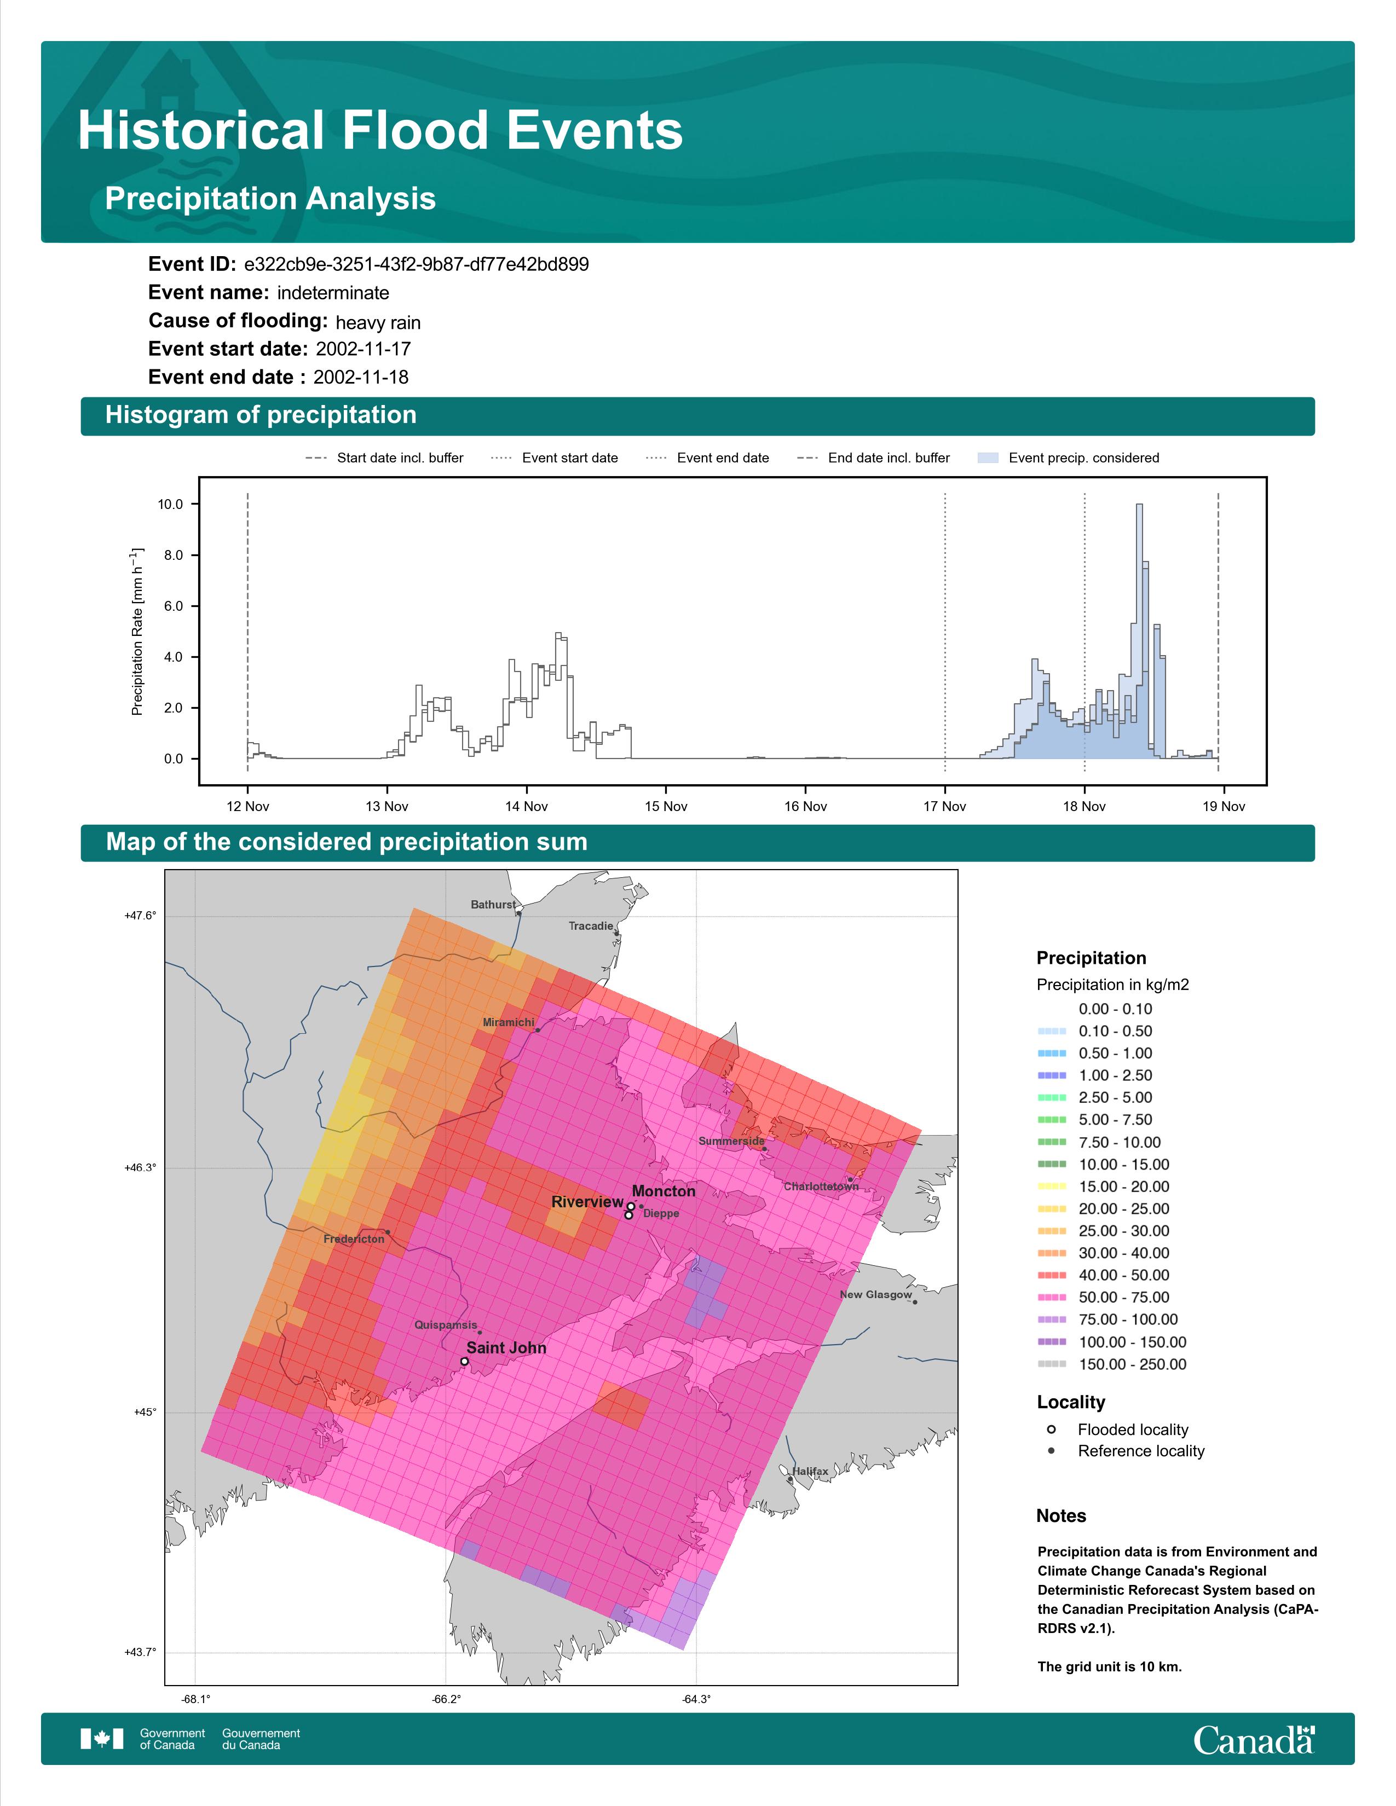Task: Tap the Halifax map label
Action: [810, 1471]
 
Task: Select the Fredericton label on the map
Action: [354, 1238]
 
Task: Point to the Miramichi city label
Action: [509, 1023]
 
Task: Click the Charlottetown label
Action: [821, 1186]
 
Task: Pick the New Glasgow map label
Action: [876, 1294]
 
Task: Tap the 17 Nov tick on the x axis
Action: [944, 806]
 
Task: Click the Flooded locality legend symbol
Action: [1051, 1429]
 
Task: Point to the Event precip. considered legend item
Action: [1069, 458]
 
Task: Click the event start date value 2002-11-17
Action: [363, 349]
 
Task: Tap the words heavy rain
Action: [378, 322]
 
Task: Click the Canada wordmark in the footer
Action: [1254, 1739]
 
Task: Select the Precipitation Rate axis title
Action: [137, 631]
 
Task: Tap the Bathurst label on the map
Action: [493, 905]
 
